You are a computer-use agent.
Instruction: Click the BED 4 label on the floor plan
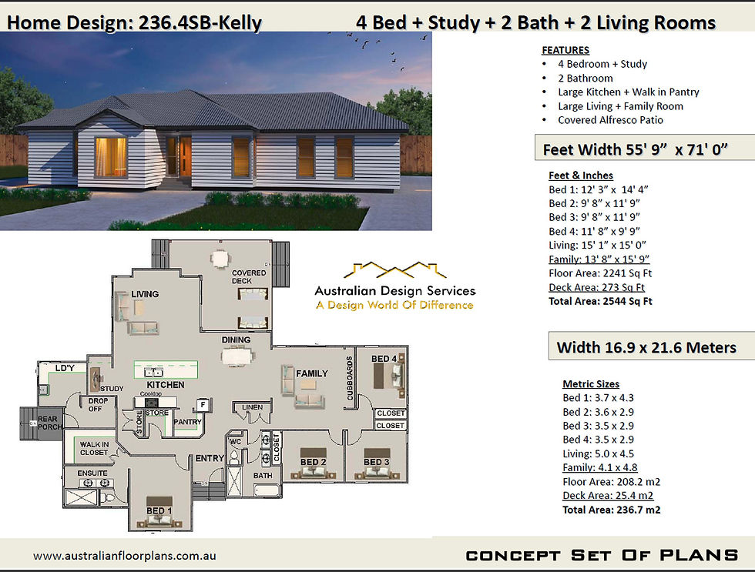point(384,359)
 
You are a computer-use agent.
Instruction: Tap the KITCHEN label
point(165,385)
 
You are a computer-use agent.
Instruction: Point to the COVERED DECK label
point(248,276)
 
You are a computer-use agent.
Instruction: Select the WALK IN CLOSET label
point(94,448)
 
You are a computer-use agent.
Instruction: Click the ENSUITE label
point(92,473)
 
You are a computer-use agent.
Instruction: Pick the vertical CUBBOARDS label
point(350,378)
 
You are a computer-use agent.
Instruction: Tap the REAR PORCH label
point(49,423)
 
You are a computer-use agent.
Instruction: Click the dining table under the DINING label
point(237,356)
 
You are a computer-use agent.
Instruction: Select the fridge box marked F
point(203,405)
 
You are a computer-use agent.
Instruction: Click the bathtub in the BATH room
point(267,490)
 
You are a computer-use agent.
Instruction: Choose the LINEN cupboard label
point(253,407)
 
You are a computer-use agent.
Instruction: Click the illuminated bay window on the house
point(111,156)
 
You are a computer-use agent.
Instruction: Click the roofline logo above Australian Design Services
point(394,270)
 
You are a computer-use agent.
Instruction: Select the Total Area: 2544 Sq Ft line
point(600,302)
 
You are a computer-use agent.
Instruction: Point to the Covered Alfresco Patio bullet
point(610,120)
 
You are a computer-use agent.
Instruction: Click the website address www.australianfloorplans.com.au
point(125,556)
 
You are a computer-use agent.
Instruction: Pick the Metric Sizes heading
point(591,384)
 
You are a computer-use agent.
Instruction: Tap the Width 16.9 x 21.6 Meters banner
point(646,347)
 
